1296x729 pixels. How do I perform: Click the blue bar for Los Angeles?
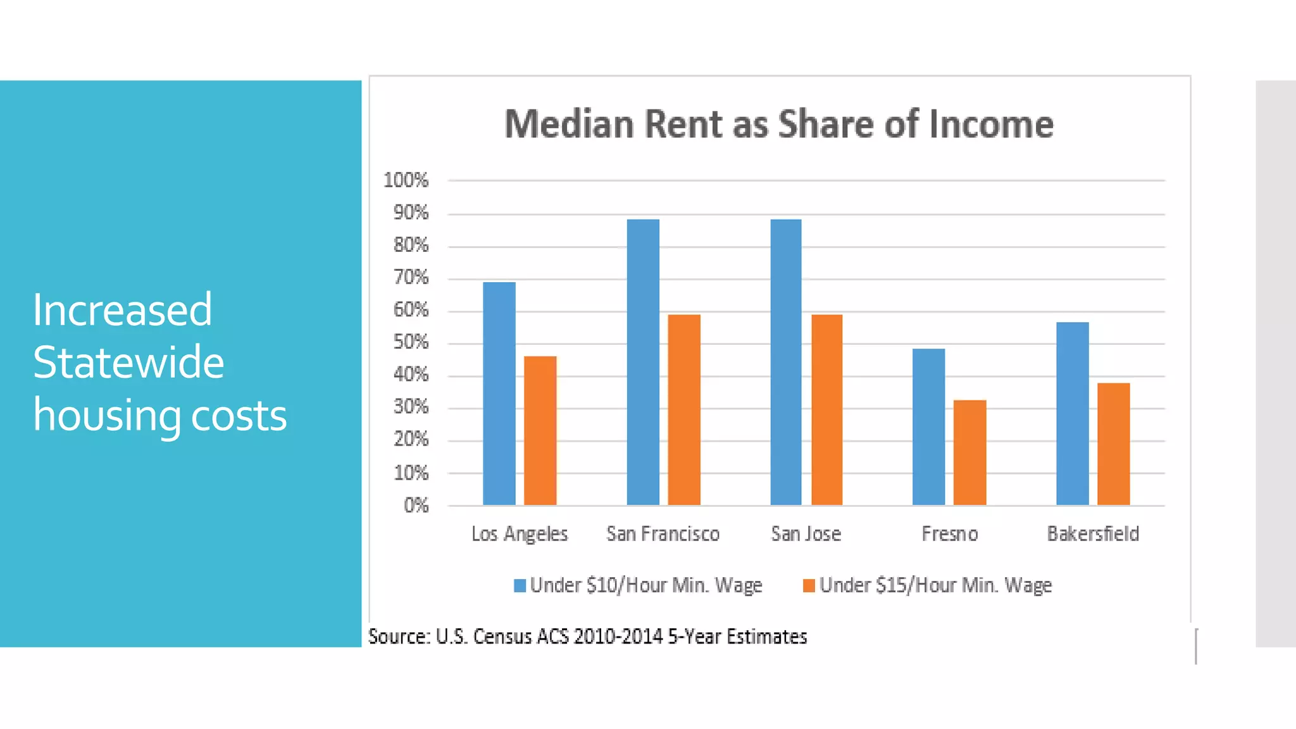pyautogui.click(x=499, y=394)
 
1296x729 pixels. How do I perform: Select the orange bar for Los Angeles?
pyautogui.click(x=540, y=430)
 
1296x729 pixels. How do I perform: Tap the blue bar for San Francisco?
pyautogui.click(x=643, y=362)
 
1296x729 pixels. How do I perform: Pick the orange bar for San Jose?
pyautogui.click(x=826, y=409)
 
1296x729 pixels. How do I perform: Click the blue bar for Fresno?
pyautogui.click(x=928, y=427)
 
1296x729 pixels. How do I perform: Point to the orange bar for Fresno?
pyautogui.click(x=969, y=452)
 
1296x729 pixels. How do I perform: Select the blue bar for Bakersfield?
pyautogui.click(x=1072, y=413)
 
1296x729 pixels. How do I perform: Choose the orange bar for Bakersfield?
pyautogui.click(x=1113, y=444)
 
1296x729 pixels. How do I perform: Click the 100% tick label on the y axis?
pyautogui.click(x=406, y=180)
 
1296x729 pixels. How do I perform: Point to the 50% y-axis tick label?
pyautogui.click(x=411, y=342)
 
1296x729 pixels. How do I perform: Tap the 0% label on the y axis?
pyautogui.click(x=416, y=505)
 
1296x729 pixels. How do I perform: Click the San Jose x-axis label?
pyautogui.click(x=806, y=534)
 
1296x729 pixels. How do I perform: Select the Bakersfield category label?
pyautogui.click(x=1093, y=534)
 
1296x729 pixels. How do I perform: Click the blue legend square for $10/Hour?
pyautogui.click(x=520, y=586)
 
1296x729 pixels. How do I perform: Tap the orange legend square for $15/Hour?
pyautogui.click(x=809, y=586)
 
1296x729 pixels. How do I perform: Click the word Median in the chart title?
pyautogui.click(x=568, y=124)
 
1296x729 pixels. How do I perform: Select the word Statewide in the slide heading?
pyautogui.click(x=128, y=363)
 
